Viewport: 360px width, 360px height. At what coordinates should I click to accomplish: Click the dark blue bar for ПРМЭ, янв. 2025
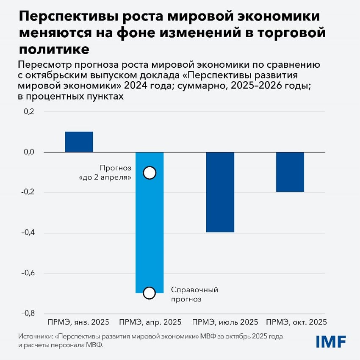click(79, 142)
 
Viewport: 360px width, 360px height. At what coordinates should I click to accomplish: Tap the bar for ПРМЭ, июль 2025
click(220, 192)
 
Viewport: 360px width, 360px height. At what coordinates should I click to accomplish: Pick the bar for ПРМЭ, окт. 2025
click(290, 172)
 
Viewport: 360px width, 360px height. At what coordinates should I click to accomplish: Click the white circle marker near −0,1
click(150, 172)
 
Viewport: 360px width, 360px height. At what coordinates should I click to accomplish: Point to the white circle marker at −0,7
click(150, 293)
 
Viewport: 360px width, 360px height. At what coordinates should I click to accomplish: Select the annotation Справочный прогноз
click(194, 294)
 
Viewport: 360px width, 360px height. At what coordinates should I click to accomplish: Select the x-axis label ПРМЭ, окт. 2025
click(295, 322)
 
